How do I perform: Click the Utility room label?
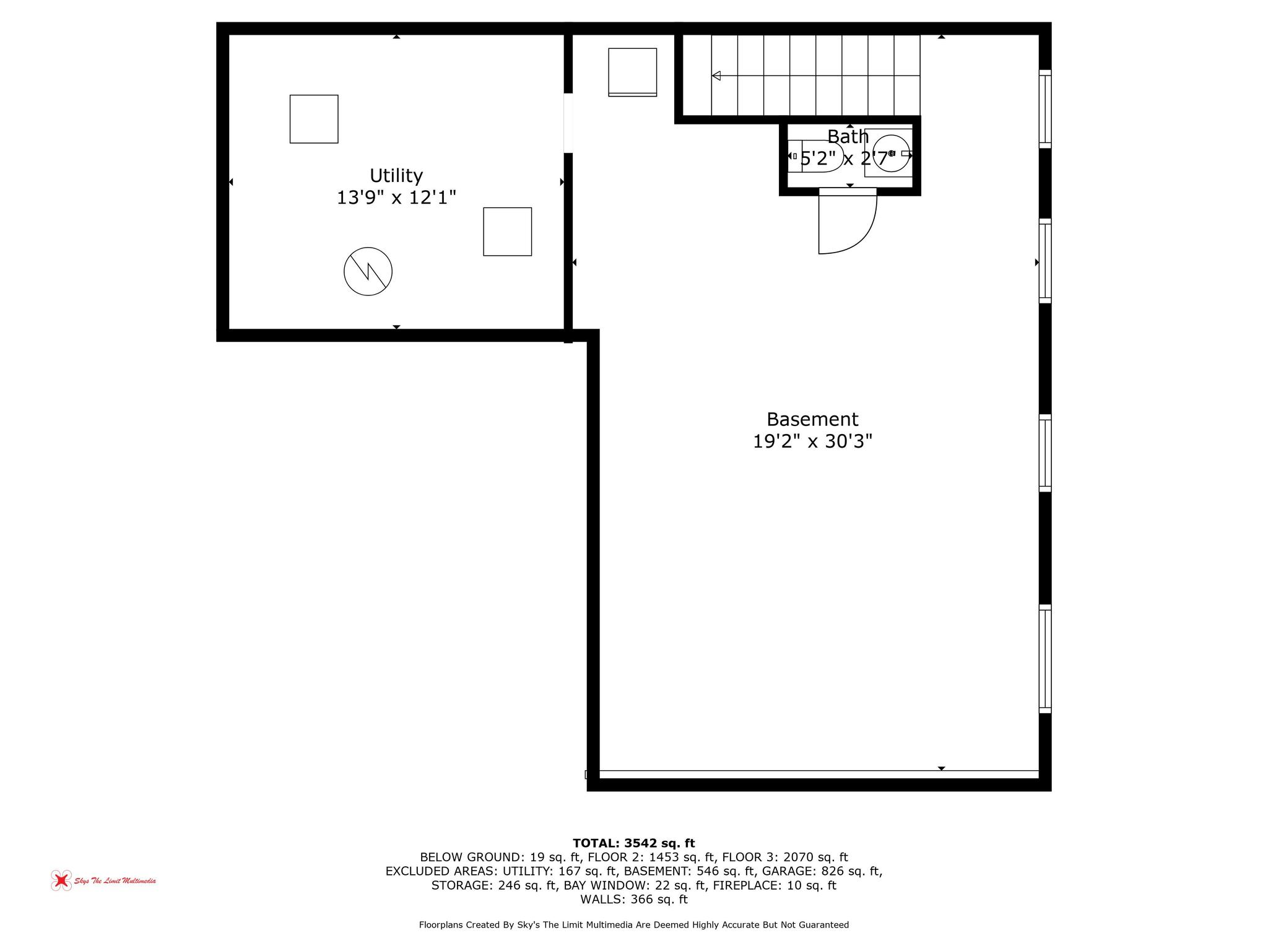[x=396, y=176]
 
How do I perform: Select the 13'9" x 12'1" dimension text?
[x=396, y=198]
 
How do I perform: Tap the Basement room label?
[x=812, y=420]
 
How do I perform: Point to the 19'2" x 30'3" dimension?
[x=812, y=442]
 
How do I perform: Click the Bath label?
[x=848, y=137]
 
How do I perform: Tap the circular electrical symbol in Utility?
[x=368, y=271]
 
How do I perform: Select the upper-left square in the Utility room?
[x=314, y=119]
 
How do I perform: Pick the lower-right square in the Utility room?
[x=507, y=232]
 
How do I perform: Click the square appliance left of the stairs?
[x=632, y=72]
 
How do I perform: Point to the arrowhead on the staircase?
[x=716, y=76]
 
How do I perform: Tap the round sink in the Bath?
[x=890, y=153]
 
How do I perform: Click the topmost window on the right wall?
[x=1044, y=109]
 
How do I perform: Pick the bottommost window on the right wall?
[x=1044, y=659]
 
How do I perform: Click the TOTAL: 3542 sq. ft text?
[x=633, y=843]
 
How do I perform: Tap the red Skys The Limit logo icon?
[x=61, y=880]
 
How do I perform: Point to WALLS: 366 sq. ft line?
[x=633, y=900]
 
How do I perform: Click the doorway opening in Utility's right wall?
[x=568, y=123]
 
